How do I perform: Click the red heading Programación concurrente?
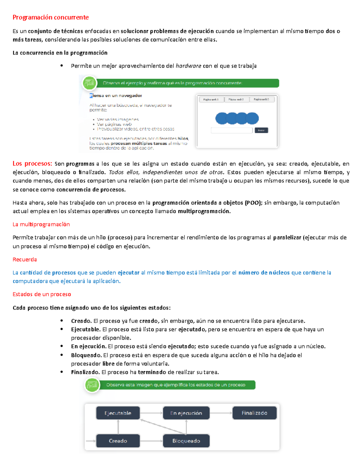pyautogui.click(x=50, y=17)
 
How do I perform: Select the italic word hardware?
pyautogui.click(x=188, y=66)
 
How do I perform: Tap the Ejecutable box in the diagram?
pyautogui.click(x=118, y=413)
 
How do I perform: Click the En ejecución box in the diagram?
pyautogui.click(x=186, y=413)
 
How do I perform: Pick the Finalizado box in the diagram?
pyautogui.click(x=254, y=413)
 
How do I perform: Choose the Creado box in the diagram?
pyautogui.click(x=118, y=441)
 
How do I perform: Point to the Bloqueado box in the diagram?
pyautogui.click(x=186, y=441)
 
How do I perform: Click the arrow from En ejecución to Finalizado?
pyautogui.click(x=221, y=413)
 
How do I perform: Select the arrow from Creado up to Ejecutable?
pyautogui.click(x=118, y=427)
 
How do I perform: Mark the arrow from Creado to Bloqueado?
pyautogui.click(x=151, y=441)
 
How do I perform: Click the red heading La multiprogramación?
pyautogui.click(x=41, y=224)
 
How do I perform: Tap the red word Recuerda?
pyautogui.click(x=25, y=259)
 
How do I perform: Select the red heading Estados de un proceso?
pyautogui.click(x=42, y=294)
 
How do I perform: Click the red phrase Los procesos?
pyautogui.click(x=32, y=164)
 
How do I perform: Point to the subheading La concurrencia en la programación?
pyautogui.click(x=60, y=53)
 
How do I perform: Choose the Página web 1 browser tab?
pyautogui.click(x=211, y=99)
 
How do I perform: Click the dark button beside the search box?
pyautogui.click(x=261, y=130)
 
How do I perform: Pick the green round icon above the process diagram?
pyautogui.click(x=92, y=385)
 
